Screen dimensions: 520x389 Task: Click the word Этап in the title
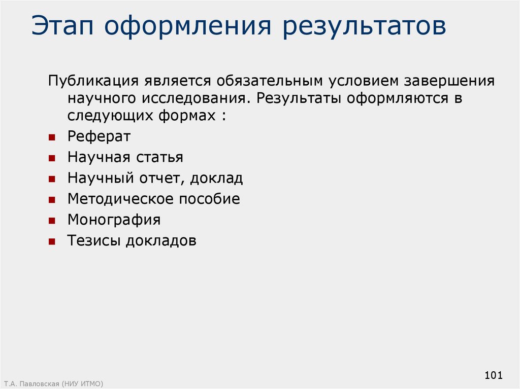point(62,25)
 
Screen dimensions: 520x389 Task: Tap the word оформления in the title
point(188,26)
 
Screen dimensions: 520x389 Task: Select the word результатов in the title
point(364,26)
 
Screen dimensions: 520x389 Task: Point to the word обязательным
point(270,81)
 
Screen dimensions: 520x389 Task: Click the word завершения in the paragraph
point(449,81)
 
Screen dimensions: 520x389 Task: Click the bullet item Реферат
point(99,136)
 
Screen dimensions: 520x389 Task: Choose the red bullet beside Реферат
point(52,137)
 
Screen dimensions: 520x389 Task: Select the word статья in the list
point(159,157)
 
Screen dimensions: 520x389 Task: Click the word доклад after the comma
point(216,178)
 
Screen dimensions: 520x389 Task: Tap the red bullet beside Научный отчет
point(52,179)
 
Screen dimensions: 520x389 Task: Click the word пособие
point(210,199)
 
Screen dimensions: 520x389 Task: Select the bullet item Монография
point(114,220)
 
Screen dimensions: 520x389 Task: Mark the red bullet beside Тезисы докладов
point(52,242)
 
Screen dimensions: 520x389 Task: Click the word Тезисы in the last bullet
point(93,240)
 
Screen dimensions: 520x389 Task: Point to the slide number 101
point(494,375)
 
